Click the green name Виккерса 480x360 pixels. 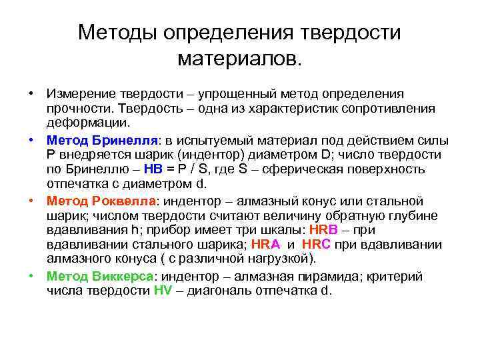click(123, 277)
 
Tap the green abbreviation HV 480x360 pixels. click(163, 291)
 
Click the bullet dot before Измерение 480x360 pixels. click(31, 93)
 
